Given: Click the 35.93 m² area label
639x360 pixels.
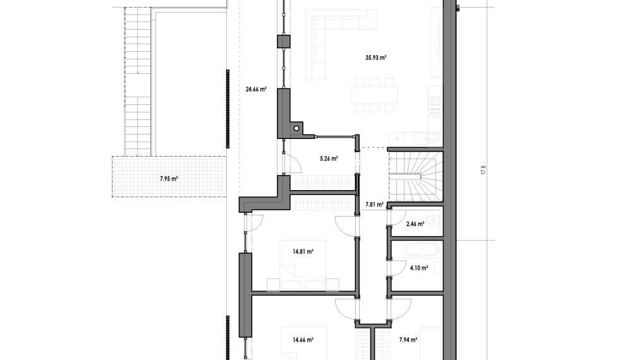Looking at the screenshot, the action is tap(375, 58).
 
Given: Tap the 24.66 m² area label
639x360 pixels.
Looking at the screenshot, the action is tap(256, 89).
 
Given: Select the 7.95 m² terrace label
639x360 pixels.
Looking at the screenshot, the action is tap(169, 178).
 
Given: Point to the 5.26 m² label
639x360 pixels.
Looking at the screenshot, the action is tap(329, 159).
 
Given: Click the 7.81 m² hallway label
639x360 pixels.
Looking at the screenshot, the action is tap(375, 205).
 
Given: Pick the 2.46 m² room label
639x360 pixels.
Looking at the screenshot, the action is tap(415, 224).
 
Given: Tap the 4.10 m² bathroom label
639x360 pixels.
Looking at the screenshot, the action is tap(419, 268).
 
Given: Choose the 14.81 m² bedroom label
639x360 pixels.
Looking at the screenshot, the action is tap(303, 251).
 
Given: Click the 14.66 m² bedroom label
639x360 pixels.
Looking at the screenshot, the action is tap(303, 340).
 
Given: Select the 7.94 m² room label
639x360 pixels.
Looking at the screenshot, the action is tap(408, 340).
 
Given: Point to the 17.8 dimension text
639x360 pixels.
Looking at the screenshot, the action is tap(484, 170).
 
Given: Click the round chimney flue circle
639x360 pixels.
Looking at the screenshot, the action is tap(296, 129).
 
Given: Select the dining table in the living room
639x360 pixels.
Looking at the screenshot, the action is tap(375, 95).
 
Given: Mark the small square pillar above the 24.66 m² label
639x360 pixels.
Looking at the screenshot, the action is tap(284, 42).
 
